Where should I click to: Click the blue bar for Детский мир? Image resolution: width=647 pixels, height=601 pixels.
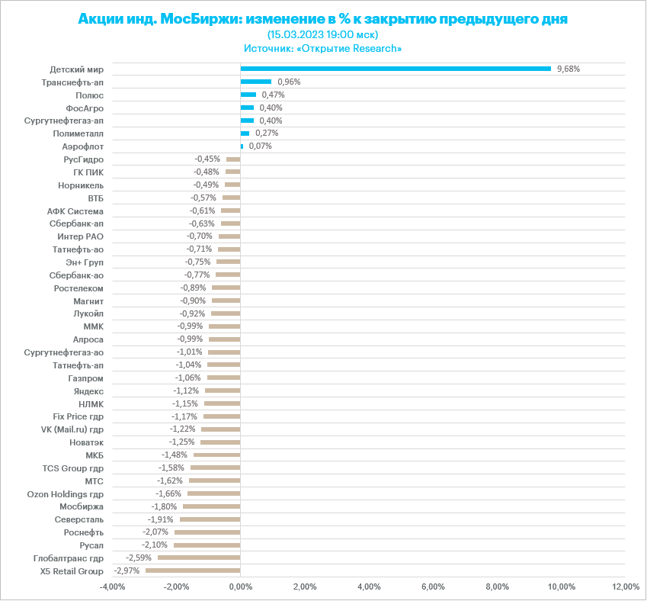point(396,69)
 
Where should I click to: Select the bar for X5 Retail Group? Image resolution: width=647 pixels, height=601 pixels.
point(193,570)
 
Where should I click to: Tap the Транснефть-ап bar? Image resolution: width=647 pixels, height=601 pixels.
point(256,82)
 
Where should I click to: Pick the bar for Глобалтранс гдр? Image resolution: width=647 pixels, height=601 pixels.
point(199,558)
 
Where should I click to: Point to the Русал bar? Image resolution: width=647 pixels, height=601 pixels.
point(207,545)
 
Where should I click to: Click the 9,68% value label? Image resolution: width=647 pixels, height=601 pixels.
point(569,69)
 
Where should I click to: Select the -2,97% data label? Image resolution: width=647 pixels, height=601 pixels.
point(127,570)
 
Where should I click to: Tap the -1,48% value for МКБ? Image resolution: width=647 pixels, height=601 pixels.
point(175,455)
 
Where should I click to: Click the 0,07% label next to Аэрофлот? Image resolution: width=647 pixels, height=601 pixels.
point(260,146)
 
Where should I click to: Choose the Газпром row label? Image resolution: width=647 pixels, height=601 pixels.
point(85,378)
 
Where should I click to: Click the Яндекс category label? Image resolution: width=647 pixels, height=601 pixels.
point(89,390)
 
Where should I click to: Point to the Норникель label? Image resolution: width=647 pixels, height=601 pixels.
point(81,185)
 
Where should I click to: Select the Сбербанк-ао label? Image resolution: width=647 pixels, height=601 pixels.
point(76,275)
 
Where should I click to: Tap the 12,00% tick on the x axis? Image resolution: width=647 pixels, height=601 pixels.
point(626,587)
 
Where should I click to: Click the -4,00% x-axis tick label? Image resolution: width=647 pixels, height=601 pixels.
point(112,587)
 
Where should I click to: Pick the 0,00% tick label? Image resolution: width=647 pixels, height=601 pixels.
point(240,587)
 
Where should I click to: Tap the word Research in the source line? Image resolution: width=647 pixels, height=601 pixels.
point(376,48)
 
